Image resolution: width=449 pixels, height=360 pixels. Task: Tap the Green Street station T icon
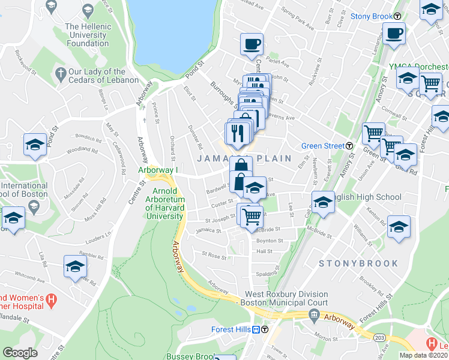click(x=349, y=145)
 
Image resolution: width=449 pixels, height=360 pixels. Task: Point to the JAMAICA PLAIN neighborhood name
click(x=244, y=158)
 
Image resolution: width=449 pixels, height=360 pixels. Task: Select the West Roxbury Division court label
click(x=286, y=299)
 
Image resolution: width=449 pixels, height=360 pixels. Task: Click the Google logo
click(x=19, y=353)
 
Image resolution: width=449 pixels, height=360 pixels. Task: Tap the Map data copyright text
click(x=423, y=355)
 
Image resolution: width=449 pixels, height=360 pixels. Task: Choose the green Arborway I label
click(x=159, y=170)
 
